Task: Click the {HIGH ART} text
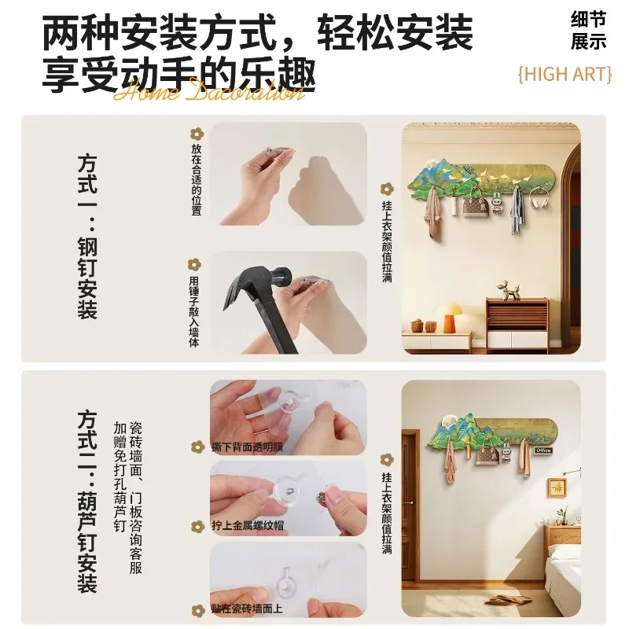point(565,74)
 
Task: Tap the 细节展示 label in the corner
point(588,30)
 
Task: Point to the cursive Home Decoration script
point(208,92)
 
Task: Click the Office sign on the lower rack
point(543,450)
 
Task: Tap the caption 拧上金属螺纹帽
point(248,525)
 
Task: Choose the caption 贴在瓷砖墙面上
point(248,609)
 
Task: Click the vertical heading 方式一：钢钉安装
point(87,236)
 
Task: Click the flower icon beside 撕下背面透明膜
point(197,447)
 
